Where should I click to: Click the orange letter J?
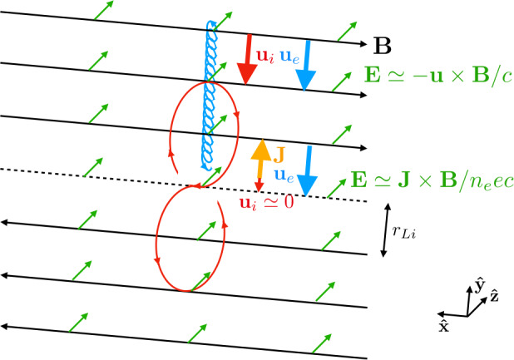[280, 152]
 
